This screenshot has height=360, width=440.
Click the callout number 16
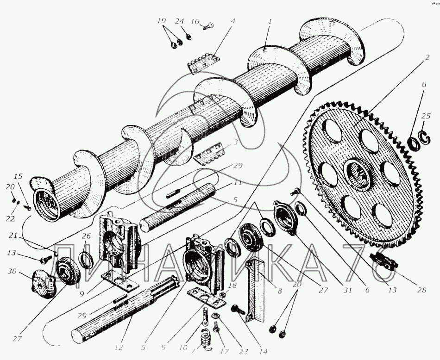[x=195, y=21]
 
